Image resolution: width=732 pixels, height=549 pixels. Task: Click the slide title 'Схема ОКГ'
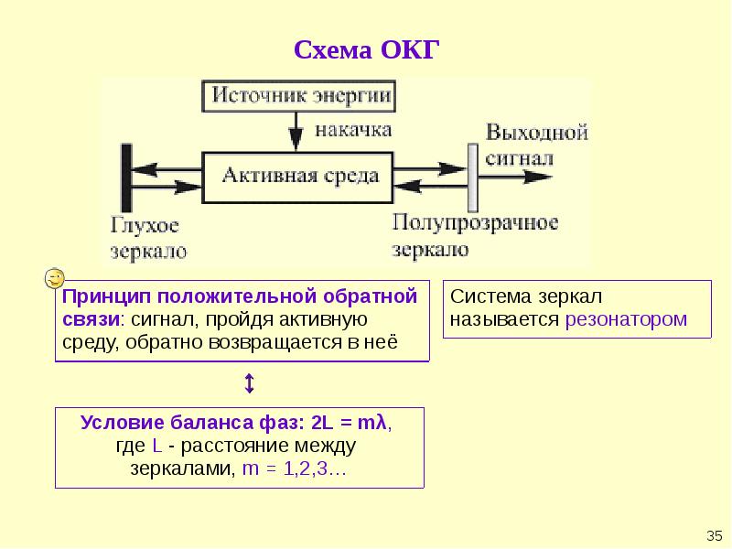point(367,49)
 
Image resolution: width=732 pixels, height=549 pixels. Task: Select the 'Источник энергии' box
point(299,96)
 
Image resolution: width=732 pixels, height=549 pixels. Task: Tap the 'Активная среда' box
point(297,178)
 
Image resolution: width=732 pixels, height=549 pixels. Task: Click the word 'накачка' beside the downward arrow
point(353,130)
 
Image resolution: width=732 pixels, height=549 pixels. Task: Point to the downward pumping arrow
point(296,132)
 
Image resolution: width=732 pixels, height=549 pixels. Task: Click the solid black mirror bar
point(126,178)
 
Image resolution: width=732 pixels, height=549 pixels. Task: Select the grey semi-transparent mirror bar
point(473,178)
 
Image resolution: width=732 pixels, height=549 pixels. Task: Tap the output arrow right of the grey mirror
point(515,177)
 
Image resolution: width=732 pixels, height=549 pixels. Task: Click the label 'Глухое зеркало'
point(149,238)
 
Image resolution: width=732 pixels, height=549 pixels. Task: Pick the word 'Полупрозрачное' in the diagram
point(475,223)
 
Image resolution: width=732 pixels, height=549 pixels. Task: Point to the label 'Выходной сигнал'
point(537,145)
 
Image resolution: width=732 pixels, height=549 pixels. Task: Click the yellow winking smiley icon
point(55,279)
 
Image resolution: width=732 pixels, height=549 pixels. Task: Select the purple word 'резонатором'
point(626,319)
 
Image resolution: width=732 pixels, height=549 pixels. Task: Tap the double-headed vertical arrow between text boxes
point(249,383)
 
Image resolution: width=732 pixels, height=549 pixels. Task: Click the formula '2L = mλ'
point(349,423)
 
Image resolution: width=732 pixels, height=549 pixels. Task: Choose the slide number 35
point(715,535)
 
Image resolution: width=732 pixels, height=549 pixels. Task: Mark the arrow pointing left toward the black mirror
point(167,169)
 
